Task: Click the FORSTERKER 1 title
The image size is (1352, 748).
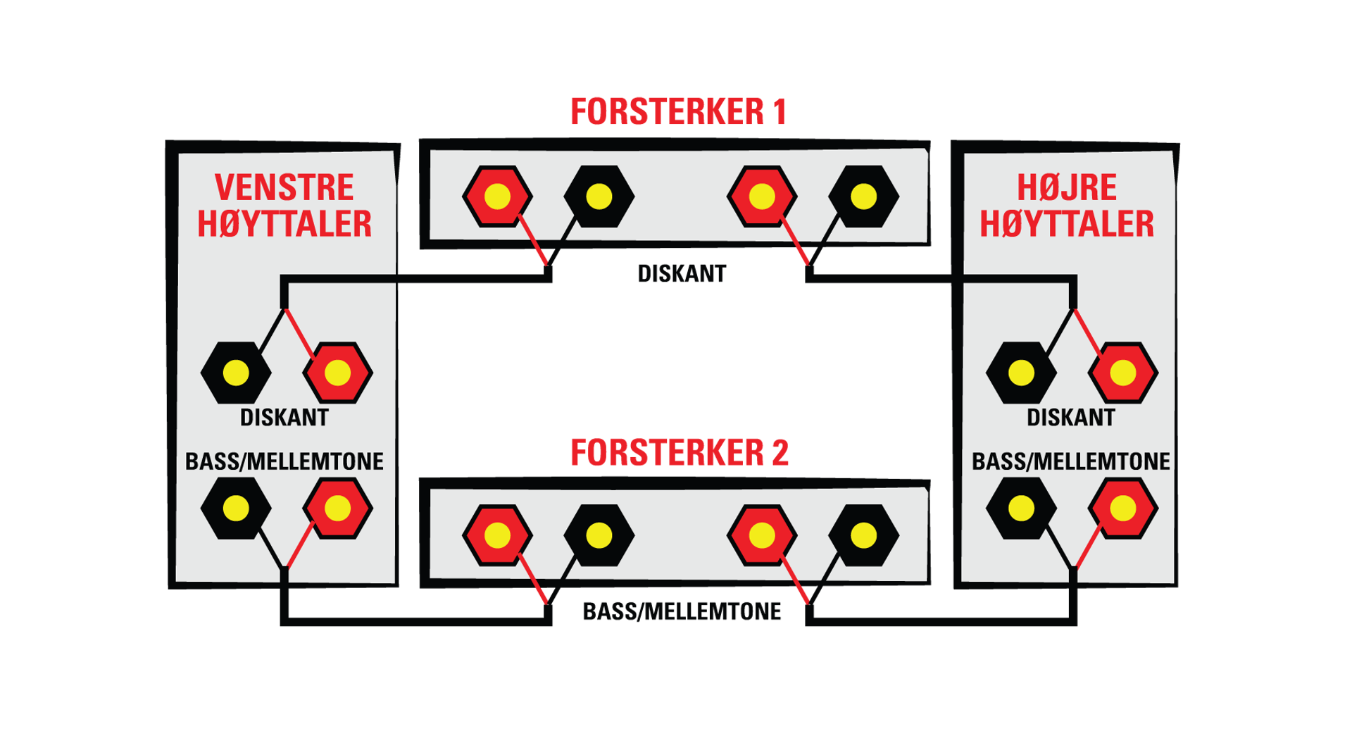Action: (678, 112)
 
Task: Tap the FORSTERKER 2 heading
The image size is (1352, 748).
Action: (679, 452)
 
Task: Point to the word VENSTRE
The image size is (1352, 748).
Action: (284, 187)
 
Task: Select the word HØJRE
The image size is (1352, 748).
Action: (1067, 187)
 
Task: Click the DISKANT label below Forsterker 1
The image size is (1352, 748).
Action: (682, 273)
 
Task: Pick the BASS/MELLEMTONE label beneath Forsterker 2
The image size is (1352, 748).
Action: (682, 611)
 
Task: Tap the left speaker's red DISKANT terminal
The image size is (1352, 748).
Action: (338, 373)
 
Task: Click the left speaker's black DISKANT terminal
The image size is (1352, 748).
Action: (236, 373)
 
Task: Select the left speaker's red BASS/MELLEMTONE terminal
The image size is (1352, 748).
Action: (338, 508)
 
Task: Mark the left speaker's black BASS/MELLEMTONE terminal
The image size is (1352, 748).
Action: (236, 508)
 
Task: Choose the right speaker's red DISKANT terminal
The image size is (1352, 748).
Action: (1123, 373)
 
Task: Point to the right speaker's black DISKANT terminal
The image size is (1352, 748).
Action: (1021, 373)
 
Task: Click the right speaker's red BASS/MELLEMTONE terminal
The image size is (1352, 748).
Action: (1123, 508)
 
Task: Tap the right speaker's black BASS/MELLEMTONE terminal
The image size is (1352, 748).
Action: (1021, 508)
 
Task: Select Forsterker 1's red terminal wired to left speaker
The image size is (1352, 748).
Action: (497, 197)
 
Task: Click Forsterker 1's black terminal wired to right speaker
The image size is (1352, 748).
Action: (864, 197)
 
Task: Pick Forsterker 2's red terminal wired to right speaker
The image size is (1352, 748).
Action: (762, 535)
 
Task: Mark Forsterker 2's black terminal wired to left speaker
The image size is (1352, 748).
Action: (599, 535)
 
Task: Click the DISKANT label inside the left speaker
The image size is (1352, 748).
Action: (284, 418)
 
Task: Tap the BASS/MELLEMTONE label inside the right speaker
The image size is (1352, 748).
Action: (1070, 461)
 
